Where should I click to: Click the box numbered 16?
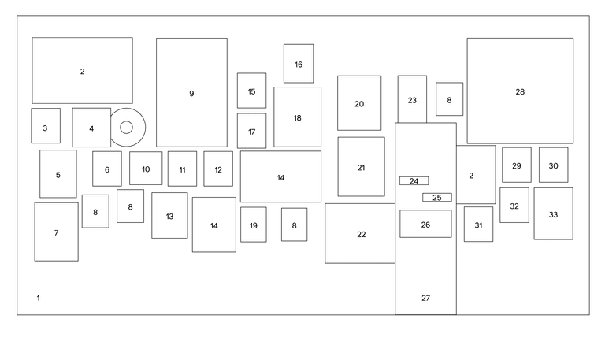[299, 64]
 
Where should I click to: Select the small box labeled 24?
[414, 181]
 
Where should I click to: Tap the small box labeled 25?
[437, 198]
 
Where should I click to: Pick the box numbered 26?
[425, 224]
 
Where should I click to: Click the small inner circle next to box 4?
[126, 128]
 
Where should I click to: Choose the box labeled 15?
[251, 91]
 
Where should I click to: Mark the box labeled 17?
[251, 131]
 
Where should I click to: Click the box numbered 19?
[253, 225]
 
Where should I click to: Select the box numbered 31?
[478, 225]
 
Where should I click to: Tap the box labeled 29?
[516, 165]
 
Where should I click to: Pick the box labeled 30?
[553, 165]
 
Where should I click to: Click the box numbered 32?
[514, 205]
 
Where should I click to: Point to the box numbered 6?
[107, 169]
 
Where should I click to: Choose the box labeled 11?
[182, 169]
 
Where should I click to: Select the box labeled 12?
[218, 169]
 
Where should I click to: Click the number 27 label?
[425, 298]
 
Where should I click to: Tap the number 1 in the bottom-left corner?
[38, 298]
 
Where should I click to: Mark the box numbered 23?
[412, 99]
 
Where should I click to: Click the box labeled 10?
[146, 168]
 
